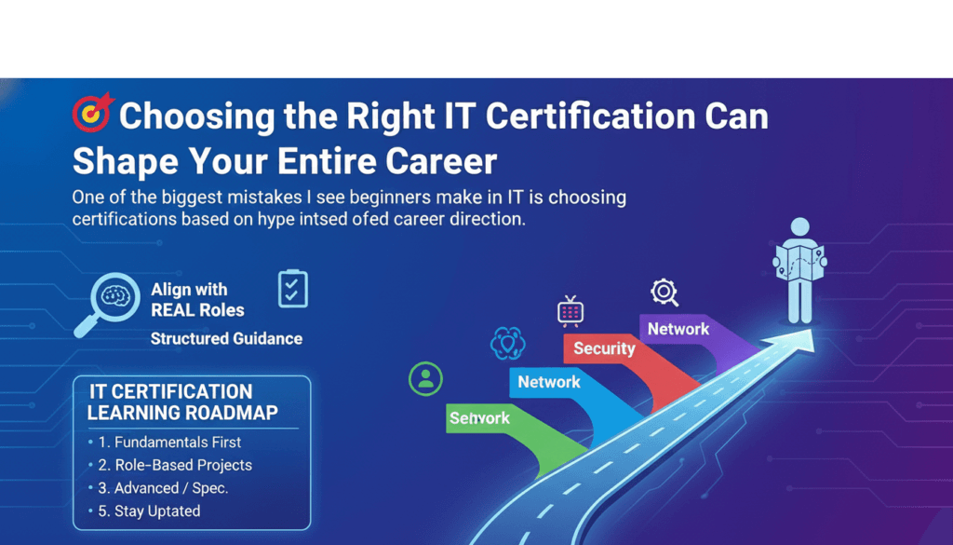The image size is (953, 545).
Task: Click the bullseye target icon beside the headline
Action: (x=92, y=114)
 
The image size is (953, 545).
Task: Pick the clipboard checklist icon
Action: (x=293, y=289)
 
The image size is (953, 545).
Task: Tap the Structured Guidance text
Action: (x=226, y=338)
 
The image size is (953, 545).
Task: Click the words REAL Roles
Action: (x=197, y=310)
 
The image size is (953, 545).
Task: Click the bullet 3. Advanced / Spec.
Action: (x=163, y=487)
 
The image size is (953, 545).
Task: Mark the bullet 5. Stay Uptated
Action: (x=149, y=511)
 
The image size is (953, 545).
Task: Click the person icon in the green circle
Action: (x=425, y=378)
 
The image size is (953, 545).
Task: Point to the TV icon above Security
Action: (x=569, y=311)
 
